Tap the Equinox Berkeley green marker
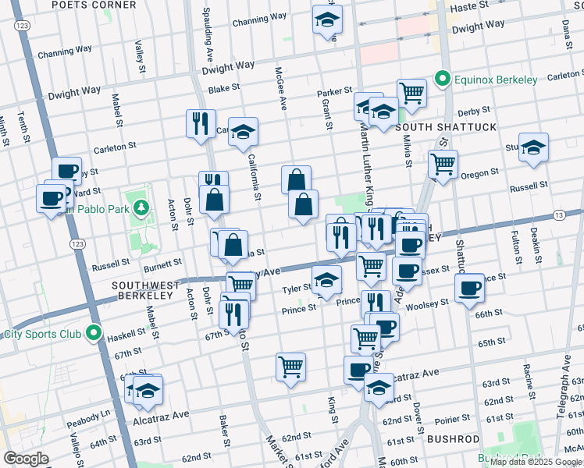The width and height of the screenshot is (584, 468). pos(441,80)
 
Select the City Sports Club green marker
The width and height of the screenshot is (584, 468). pos(94,334)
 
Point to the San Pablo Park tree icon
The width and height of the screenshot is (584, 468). pos(141,207)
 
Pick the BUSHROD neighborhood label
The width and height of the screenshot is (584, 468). pos(453,439)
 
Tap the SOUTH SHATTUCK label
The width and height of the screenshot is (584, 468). pos(435,126)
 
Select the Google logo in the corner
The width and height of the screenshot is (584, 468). pos(26,459)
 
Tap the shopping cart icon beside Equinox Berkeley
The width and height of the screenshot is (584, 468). pos(411,93)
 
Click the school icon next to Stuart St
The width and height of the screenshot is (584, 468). pos(533,147)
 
